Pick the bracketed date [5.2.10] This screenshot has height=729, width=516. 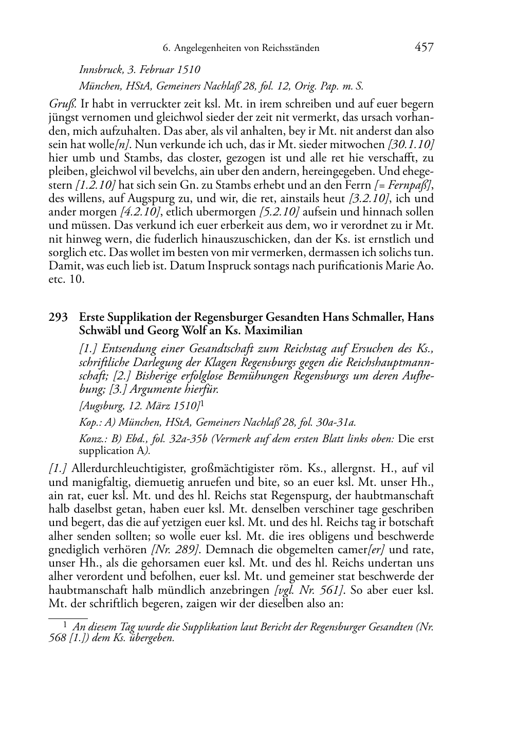[279, 212]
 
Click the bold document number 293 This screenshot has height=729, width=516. [58, 317]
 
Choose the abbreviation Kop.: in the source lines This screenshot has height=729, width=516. [90, 423]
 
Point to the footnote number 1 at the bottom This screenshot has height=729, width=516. [65, 626]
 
